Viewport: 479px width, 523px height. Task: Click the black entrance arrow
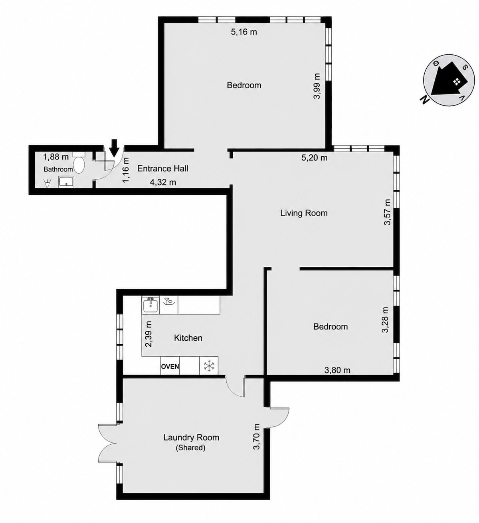114,148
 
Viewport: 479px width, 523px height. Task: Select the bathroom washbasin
67,182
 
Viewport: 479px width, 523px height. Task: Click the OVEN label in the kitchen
170,366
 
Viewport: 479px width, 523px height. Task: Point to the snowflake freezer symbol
209,365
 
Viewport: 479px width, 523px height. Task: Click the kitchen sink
150,305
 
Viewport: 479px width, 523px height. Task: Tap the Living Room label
304,213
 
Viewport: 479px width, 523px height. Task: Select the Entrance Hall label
163,169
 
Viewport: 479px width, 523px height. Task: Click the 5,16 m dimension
244,32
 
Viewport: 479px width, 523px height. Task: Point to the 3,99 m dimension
317,86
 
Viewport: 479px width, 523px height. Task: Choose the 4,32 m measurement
163,182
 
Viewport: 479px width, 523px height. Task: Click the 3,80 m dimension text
337,370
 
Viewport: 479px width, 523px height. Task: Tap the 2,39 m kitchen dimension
149,334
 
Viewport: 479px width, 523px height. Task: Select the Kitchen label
188,338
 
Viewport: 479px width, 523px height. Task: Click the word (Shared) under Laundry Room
190,448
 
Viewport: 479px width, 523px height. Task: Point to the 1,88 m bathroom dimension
56,157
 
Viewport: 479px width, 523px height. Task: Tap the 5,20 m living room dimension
315,158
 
